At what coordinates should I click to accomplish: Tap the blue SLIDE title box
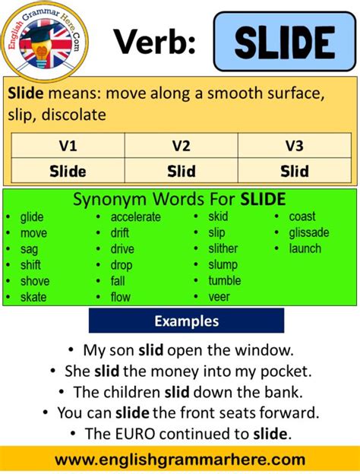(x=284, y=42)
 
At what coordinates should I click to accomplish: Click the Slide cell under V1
(x=68, y=171)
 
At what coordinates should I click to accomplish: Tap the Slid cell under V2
(x=181, y=171)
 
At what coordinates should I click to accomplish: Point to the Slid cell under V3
(x=294, y=171)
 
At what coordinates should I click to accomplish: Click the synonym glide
(x=32, y=217)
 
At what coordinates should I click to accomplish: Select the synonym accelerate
(x=135, y=217)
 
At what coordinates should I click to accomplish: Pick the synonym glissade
(x=309, y=232)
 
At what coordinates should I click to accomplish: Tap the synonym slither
(x=223, y=248)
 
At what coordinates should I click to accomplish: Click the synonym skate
(x=33, y=297)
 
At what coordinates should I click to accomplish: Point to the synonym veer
(x=219, y=297)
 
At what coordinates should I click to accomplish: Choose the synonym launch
(x=305, y=248)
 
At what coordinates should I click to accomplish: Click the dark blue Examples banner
(x=186, y=321)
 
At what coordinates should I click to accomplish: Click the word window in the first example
(x=267, y=351)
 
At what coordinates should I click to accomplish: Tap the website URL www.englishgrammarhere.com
(x=180, y=460)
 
